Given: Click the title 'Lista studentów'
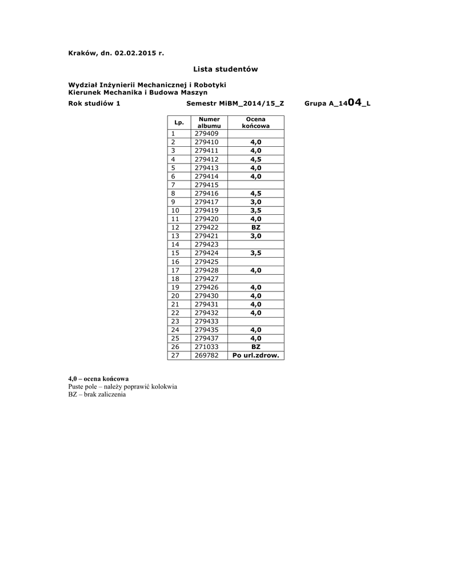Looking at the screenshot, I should coord(225,69).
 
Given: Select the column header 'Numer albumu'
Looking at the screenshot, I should coord(209,122).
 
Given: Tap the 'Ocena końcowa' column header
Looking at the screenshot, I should coord(255,122).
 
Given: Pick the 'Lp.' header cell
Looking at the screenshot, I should coord(178,122).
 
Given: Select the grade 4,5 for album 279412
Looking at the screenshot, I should coord(255,159).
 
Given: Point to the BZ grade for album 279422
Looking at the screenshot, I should coord(255,227).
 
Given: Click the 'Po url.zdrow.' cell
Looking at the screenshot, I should coord(255,355).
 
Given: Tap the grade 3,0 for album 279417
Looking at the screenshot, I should coord(255,202).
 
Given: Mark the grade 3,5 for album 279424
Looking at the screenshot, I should coord(255,253).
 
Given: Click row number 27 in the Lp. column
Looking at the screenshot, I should coord(175,355).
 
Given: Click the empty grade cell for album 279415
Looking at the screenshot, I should coord(255,185).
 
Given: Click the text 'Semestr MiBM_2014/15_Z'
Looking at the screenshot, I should coord(235,104).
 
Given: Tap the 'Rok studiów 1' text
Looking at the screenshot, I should coord(94,104).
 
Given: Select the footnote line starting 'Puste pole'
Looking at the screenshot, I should coord(122,387).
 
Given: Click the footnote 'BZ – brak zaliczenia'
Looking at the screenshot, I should coord(97,395).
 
